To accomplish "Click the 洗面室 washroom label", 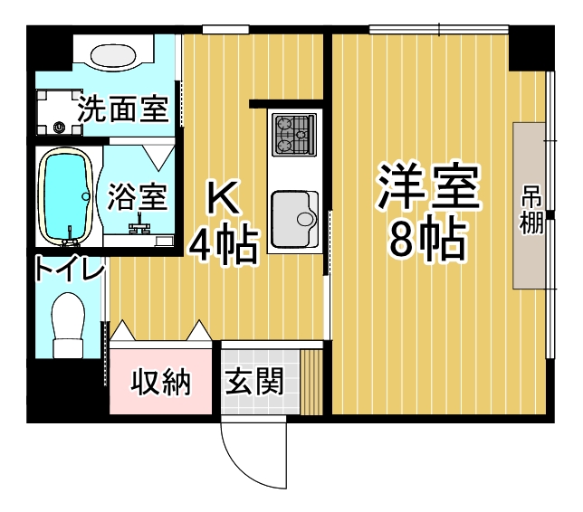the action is coord(123,109).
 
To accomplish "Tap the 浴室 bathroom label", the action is coord(138,197).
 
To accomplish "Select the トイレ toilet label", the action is coord(69,269).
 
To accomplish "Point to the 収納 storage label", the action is coord(160,382).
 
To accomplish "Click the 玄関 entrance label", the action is coord(254,381).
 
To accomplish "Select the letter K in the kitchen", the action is coord(223,197).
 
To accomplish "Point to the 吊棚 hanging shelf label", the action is coord(530,215).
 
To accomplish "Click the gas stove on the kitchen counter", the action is coord(294,135).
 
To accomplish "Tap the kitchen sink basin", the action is coord(294,219).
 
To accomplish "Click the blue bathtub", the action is coord(64,196).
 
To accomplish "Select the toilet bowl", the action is coord(68,325).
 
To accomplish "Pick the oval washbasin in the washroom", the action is coord(113,56).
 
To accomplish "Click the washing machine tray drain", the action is coord(59,128).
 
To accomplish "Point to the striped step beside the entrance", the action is coord(311,382).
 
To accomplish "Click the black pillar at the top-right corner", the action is coord(531,48).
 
